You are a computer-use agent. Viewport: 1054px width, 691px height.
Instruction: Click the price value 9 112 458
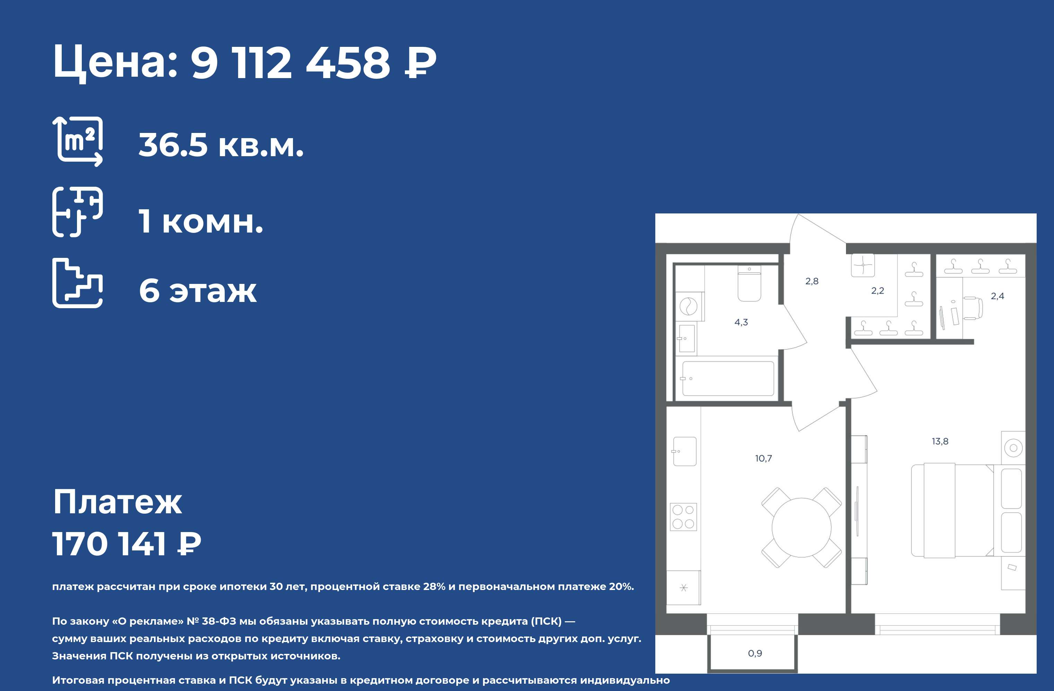pyautogui.click(x=291, y=62)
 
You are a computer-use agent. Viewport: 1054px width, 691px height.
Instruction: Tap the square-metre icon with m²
pyautogui.click(x=78, y=141)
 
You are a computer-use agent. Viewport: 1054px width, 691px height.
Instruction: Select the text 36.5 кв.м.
pyautogui.click(x=221, y=145)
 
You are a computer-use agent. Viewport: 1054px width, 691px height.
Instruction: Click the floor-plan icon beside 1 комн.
pyautogui.click(x=78, y=212)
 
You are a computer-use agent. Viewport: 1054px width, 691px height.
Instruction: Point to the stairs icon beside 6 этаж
pyautogui.click(x=78, y=283)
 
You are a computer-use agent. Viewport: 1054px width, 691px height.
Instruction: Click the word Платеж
pyautogui.click(x=117, y=502)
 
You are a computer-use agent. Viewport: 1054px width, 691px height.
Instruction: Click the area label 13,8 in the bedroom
pyautogui.click(x=940, y=441)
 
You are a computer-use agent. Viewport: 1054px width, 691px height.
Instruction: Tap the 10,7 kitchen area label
pyautogui.click(x=763, y=458)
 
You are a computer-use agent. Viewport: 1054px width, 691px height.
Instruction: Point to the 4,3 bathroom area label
pyautogui.click(x=741, y=322)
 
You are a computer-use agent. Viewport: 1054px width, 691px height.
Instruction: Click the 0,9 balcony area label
pyautogui.click(x=755, y=653)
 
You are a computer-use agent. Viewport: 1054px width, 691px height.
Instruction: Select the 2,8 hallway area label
pyautogui.click(x=812, y=281)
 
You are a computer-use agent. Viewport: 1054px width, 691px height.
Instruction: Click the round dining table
pyautogui.click(x=802, y=528)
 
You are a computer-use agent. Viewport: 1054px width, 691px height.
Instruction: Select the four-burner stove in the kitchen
pyautogui.click(x=683, y=517)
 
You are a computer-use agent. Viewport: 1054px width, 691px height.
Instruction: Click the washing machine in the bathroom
pyautogui.click(x=689, y=306)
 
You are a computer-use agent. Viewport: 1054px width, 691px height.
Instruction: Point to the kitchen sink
pyautogui.click(x=685, y=451)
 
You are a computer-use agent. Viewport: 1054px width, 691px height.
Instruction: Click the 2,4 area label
pyautogui.click(x=997, y=296)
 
